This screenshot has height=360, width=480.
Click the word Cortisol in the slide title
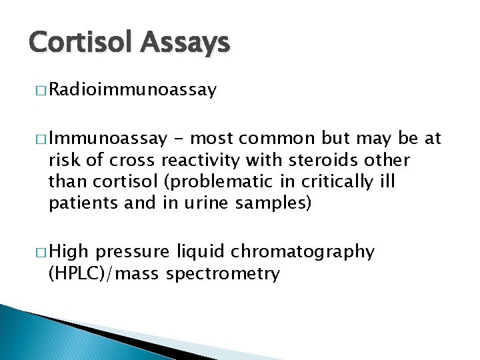tap(80, 43)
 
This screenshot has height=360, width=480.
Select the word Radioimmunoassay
tap(133, 90)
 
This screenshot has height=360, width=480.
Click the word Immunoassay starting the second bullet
tap(107, 139)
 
